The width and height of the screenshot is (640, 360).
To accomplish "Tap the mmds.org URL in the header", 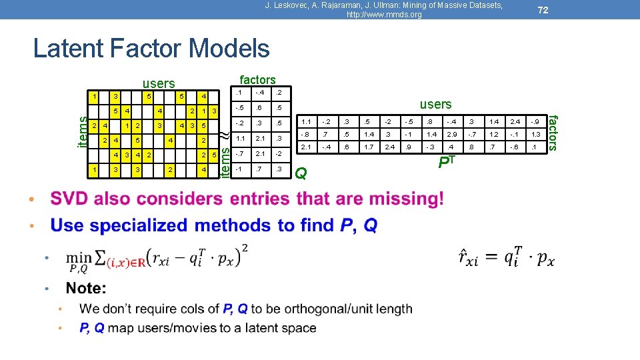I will pyautogui.click(x=379, y=15).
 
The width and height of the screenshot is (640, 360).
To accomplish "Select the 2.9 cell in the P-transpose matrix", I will pyautogui.click(x=451, y=134).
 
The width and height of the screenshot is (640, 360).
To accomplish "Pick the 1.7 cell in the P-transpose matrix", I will pyautogui.click(x=368, y=147).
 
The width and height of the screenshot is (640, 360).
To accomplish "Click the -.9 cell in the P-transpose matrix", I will pyautogui.click(x=533, y=121).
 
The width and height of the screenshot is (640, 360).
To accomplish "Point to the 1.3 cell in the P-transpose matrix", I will pyautogui.click(x=533, y=134).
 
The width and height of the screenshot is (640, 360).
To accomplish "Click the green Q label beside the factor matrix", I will pyautogui.click(x=301, y=173).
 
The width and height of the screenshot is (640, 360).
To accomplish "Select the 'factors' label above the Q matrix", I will pyautogui.click(x=257, y=80).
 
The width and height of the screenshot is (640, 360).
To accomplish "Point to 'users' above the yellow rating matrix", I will pyautogui.click(x=159, y=83).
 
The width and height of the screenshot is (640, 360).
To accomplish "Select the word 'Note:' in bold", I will pyautogui.click(x=86, y=289).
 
